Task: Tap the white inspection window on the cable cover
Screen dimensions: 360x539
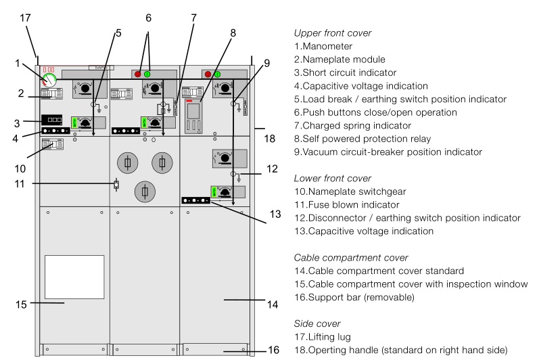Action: (x=74, y=277)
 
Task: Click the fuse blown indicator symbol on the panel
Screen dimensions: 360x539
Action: (x=116, y=184)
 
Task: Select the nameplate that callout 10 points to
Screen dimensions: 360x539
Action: (x=53, y=144)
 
